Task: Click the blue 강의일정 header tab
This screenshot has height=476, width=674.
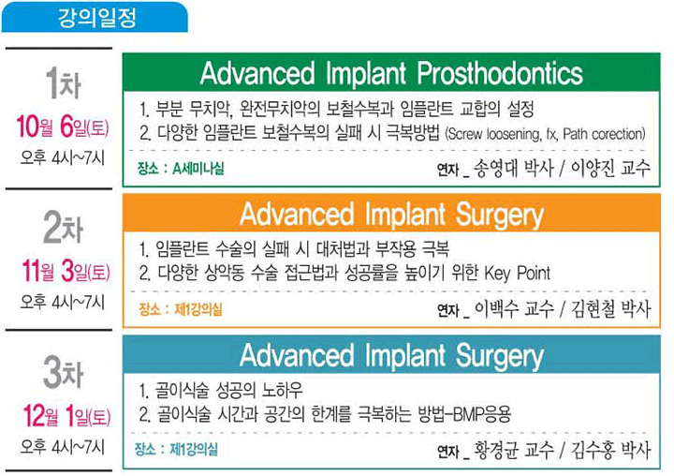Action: coord(95,17)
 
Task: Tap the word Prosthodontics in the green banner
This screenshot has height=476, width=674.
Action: coord(500,72)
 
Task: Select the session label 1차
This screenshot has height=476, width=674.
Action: coord(64,83)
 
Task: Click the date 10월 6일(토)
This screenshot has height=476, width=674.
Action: coord(63,126)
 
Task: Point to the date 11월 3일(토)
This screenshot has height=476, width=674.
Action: coord(66,271)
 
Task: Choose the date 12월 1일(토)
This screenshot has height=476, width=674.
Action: coord(66,416)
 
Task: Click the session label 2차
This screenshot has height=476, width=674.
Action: coord(63,228)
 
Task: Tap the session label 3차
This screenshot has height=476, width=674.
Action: coord(63,372)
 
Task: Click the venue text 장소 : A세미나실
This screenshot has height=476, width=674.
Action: coord(181,169)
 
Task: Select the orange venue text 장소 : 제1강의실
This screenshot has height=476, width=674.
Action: coord(181,309)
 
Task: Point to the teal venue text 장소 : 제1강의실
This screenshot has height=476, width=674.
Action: coord(176,450)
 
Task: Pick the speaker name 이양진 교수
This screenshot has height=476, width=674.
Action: coord(610,169)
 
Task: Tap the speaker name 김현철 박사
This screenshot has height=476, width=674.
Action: coord(610,308)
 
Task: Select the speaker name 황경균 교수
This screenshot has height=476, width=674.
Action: coord(514,450)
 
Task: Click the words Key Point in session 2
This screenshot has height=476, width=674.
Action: coord(518,273)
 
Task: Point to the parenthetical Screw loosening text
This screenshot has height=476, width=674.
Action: coord(546,134)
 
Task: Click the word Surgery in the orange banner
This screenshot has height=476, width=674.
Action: coord(500,215)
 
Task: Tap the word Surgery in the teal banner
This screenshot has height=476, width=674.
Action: coord(500,356)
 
